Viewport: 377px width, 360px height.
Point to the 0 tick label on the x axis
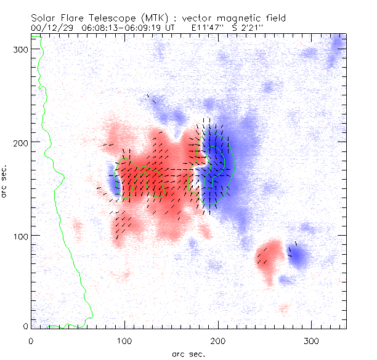pos(31,340)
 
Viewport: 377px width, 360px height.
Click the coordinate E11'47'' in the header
pos(208,28)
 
